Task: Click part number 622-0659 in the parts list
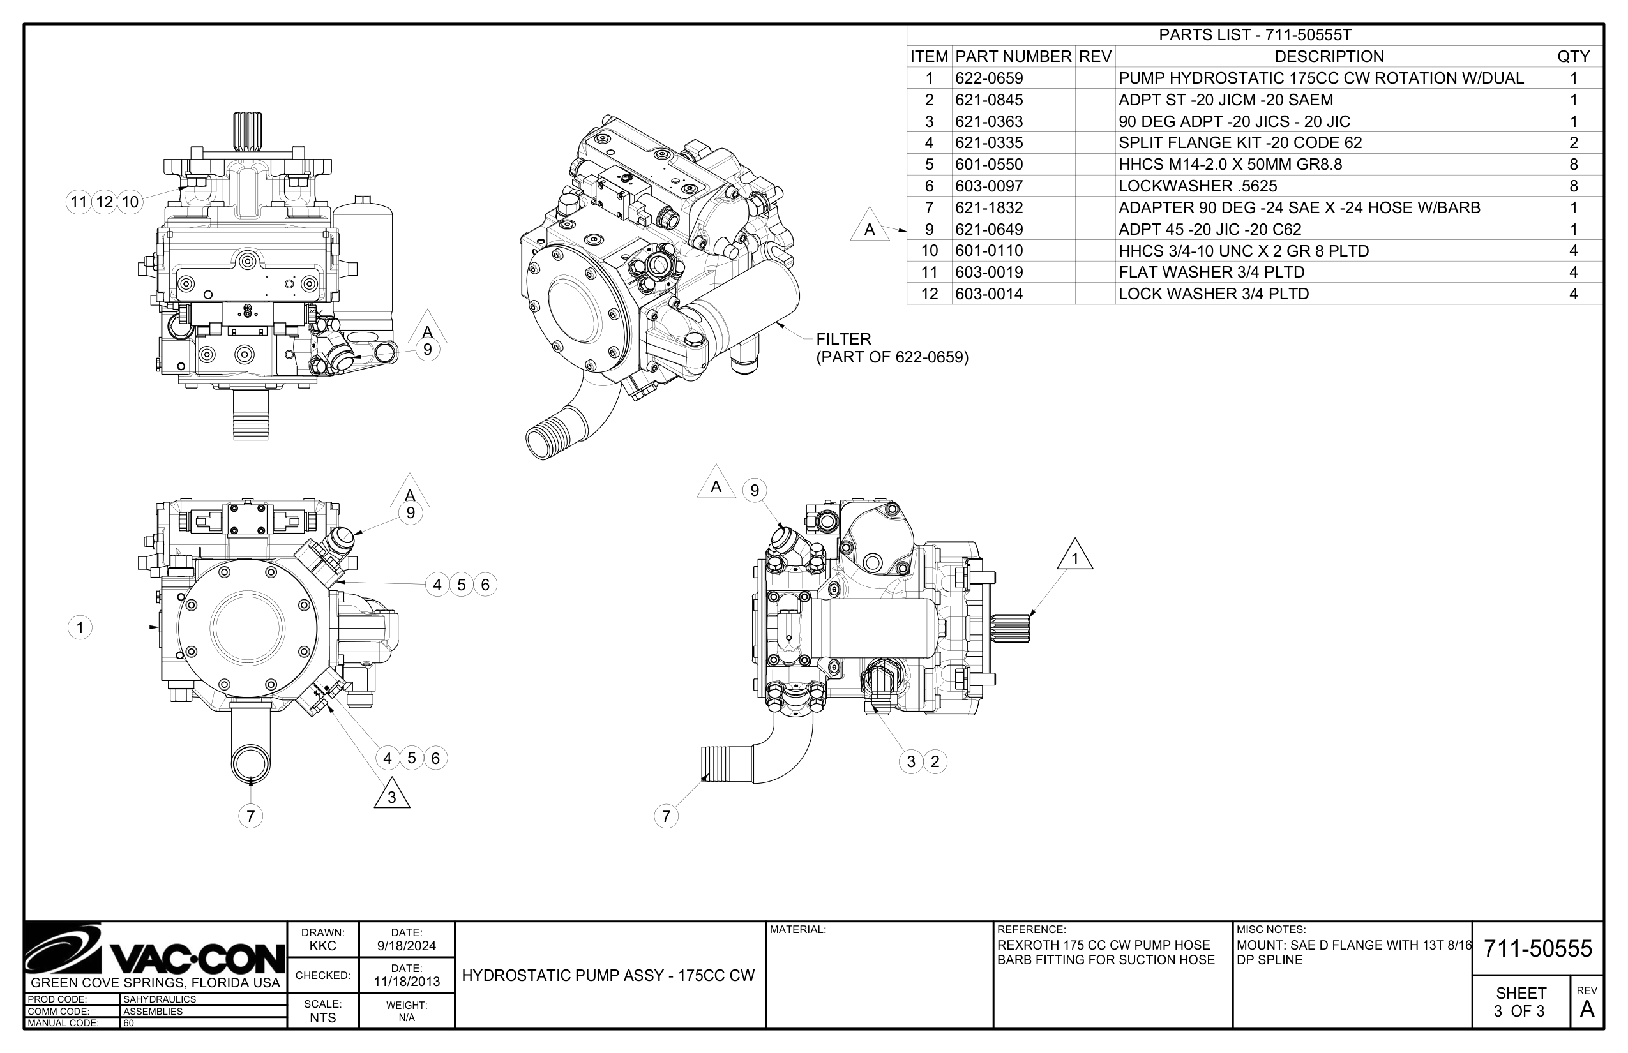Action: tap(988, 78)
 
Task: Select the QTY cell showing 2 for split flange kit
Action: tap(1572, 143)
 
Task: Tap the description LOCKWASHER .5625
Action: tap(1197, 186)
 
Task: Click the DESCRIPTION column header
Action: tap(1329, 56)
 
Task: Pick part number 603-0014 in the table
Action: tap(988, 294)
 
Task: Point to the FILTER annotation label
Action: tap(843, 339)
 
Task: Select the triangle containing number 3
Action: tap(392, 795)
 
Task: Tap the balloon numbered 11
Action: tap(79, 202)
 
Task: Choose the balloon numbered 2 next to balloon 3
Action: tap(935, 762)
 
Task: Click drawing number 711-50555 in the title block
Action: tap(1537, 948)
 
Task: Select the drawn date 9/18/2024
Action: tap(406, 946)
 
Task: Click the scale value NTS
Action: tap(322, 1017)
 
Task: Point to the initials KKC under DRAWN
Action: tap(322, 946)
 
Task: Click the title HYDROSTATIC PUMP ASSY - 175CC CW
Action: tap(608, 976)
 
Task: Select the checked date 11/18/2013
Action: tap(406, 982)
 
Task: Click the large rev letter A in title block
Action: tap(1587, 1010)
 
